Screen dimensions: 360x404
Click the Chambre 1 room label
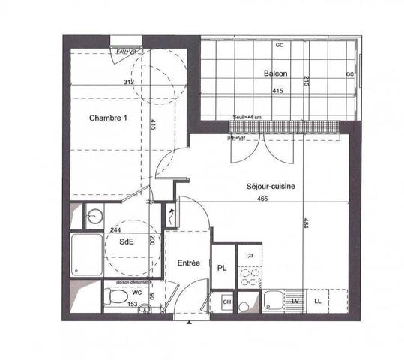point(109,118)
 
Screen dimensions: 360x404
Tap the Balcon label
point(276,73)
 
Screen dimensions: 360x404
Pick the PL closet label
point(223,268)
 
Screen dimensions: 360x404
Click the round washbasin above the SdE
point(92,217)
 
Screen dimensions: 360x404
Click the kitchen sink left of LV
point(272,301)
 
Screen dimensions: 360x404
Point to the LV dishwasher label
point(295,301)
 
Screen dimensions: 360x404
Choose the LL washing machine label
point(318,301)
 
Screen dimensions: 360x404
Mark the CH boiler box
point(226,302)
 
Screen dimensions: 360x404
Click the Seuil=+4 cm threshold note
point(246,118)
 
